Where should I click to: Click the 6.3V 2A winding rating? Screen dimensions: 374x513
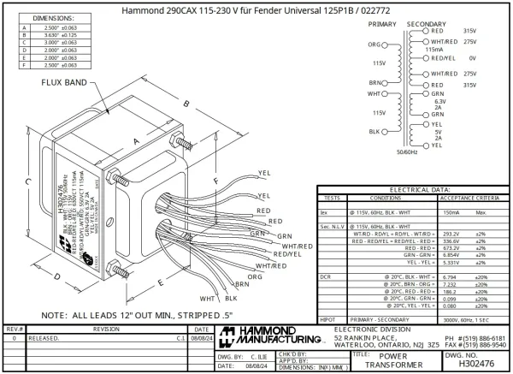pos(440,104)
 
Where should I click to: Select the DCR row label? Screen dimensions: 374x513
pos(325,277)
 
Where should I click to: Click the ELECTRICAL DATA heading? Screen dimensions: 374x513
pos(413,188)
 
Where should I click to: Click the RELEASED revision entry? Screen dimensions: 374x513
pos(44,338)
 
